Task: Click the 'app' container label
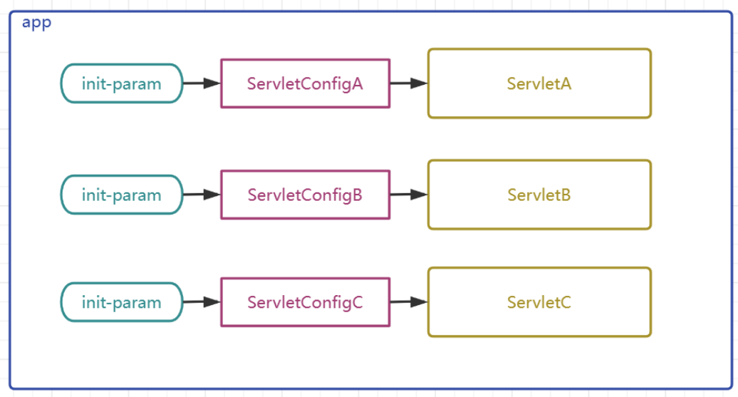pos(37,23)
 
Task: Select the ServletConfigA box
pos(306,83)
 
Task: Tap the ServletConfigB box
pos(306,195)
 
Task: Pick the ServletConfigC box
pos(306,302)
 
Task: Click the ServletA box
pos(539,83)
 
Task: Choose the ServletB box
pos(539,195)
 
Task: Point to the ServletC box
pos(539,302)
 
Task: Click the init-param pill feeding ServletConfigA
pos(122,83)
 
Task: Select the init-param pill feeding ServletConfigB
pos(122,195)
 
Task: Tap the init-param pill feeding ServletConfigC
pos(122,302)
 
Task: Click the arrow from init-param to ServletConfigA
pos(202,83)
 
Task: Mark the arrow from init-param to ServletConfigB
pos(202,195)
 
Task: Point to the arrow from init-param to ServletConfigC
pos(202,302)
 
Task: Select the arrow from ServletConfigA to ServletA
pos(409,83)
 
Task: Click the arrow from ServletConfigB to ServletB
pos(409,195)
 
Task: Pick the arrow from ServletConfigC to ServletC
pos(409,302)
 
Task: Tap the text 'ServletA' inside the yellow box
pos(539,84)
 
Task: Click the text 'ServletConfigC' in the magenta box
pos(306,303)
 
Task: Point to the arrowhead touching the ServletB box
pos(419,195)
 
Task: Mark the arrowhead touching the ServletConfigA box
pos(212,83)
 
